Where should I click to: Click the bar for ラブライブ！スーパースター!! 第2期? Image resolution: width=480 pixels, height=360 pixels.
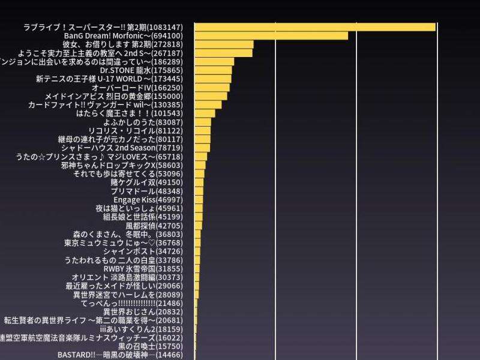pos(315,27)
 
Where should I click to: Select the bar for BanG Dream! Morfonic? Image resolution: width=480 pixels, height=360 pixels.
pos(271,35)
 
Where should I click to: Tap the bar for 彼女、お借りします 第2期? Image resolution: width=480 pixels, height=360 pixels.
pos(224,44)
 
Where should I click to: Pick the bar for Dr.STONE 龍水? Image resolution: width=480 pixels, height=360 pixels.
pos(213,70)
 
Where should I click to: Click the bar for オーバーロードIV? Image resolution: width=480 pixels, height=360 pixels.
pos(212,88)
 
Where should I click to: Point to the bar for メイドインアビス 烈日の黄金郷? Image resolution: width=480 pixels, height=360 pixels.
pos(211,96)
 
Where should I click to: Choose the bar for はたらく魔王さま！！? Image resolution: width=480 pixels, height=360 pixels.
pos(205,113)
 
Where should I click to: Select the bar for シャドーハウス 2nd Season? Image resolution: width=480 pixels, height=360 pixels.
pos(203,148)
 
